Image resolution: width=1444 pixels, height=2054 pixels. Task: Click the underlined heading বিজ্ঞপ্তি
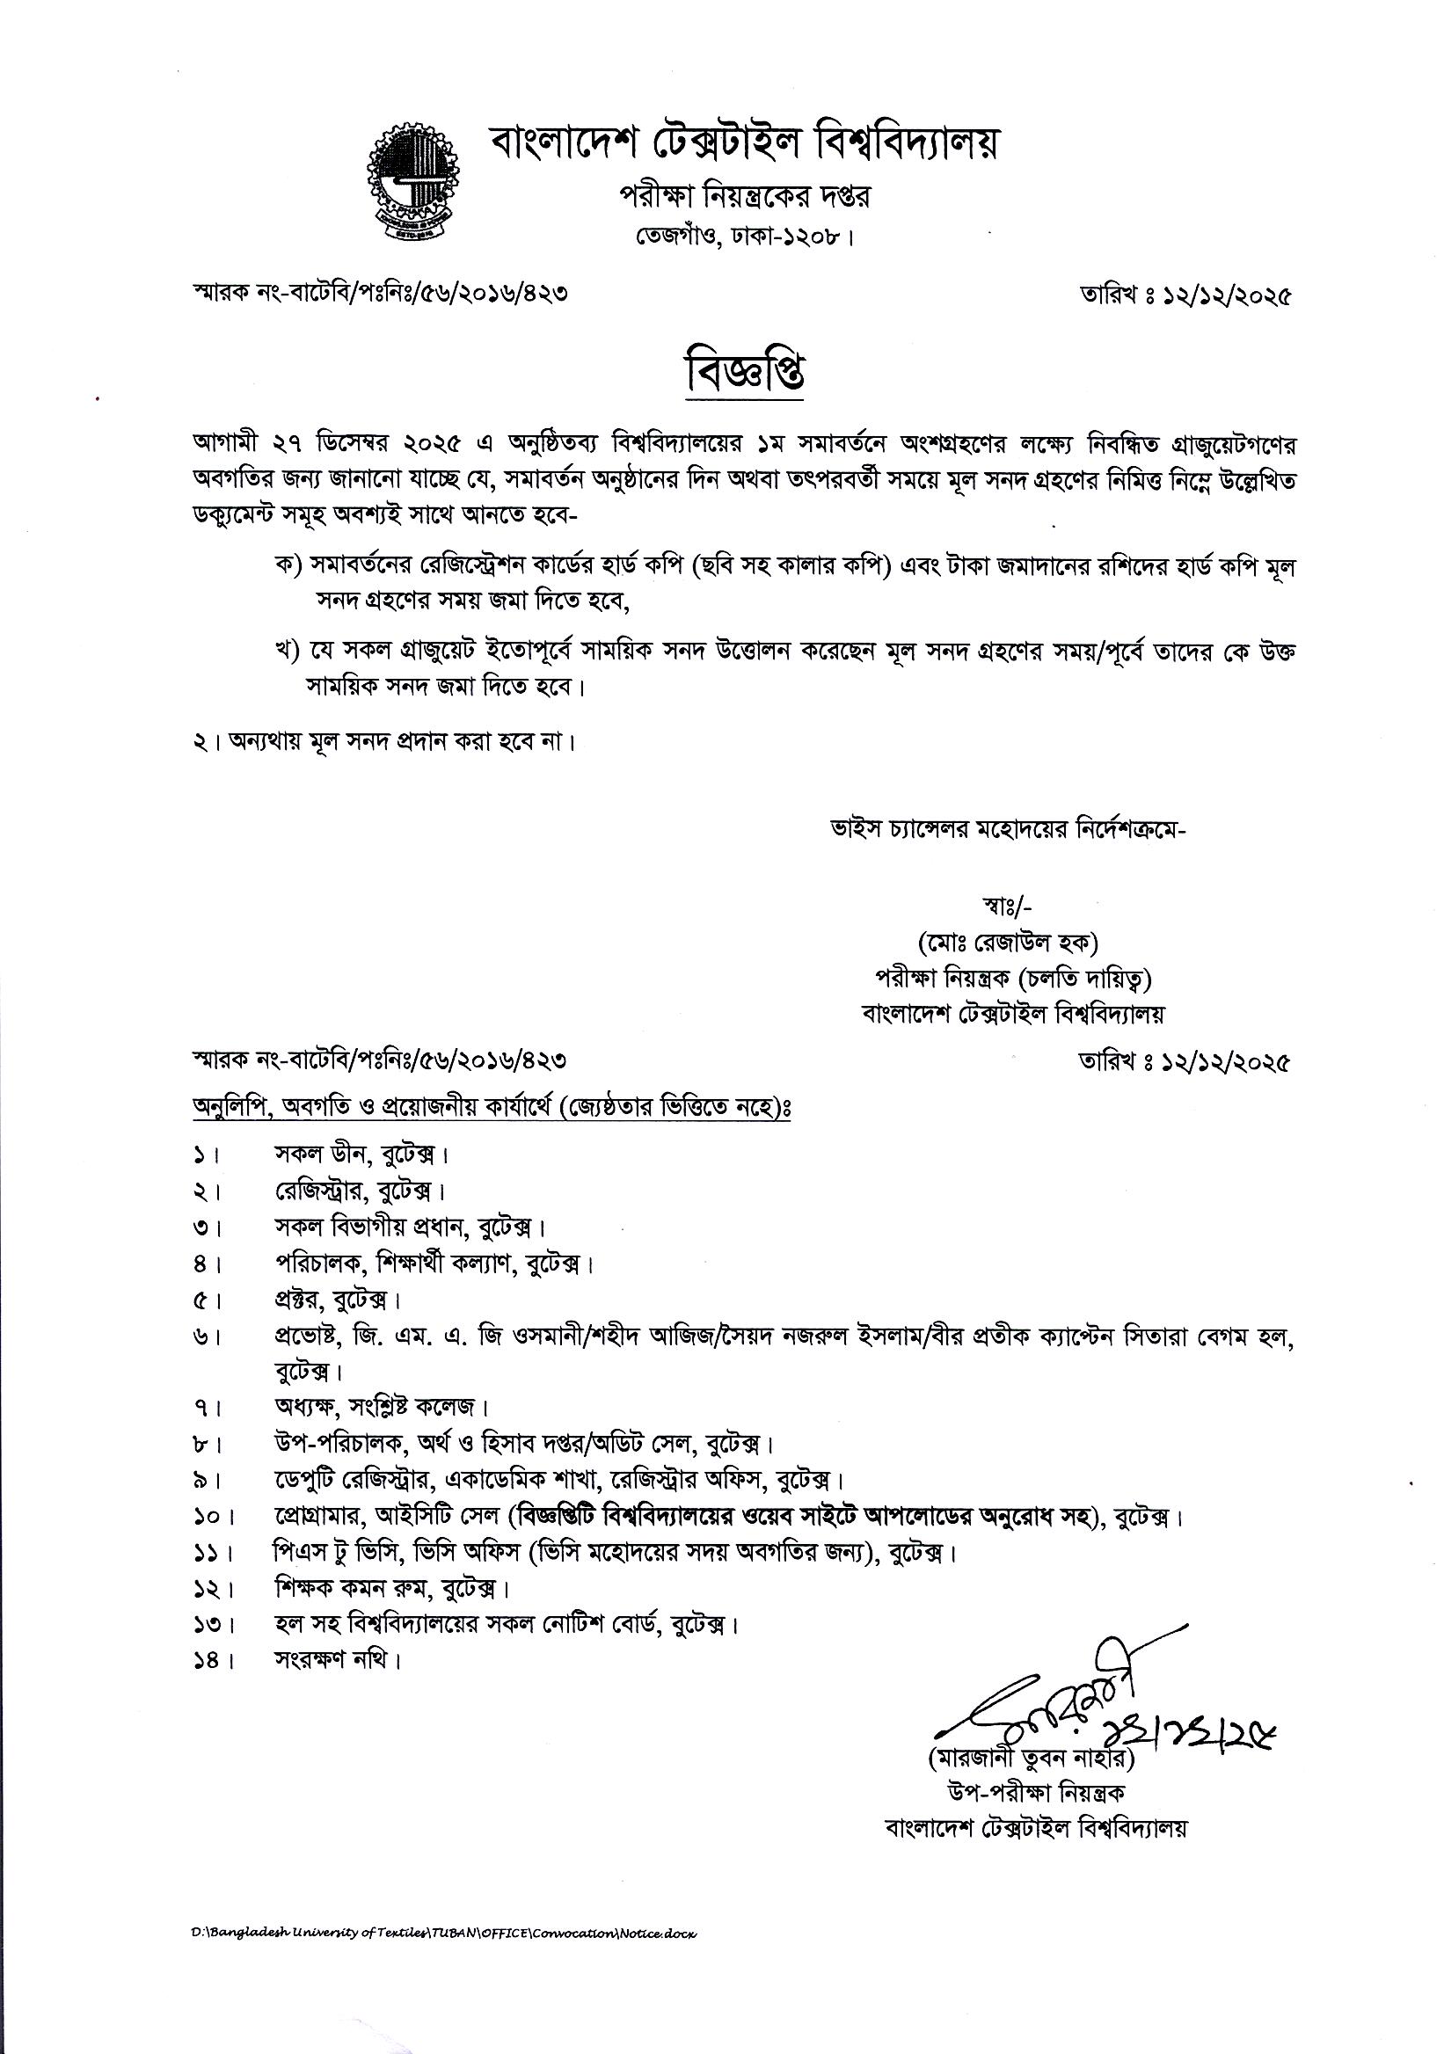[744, 371]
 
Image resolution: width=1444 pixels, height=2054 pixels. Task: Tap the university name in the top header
[742, 143]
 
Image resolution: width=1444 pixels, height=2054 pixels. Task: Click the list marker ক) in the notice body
[289, 566]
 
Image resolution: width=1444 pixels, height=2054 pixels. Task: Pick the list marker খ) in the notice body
[288, 652]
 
